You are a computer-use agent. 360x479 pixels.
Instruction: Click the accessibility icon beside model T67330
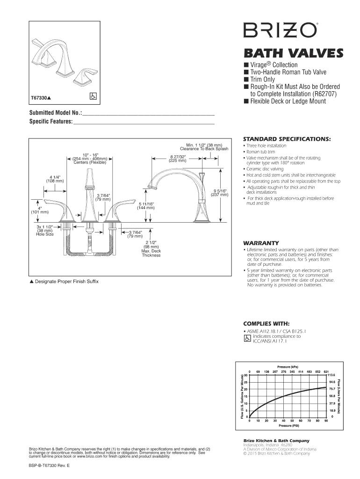tap(93, 95)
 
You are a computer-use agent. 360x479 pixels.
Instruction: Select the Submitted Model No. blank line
tap(148, 114)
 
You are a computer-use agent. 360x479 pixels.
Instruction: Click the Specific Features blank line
tap(144, 123)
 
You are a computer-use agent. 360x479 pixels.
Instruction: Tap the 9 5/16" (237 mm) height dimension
tap(220, 193)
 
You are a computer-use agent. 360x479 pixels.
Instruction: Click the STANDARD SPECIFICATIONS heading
tap(286, 139)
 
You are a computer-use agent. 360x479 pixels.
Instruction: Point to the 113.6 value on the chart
tap(333, 375)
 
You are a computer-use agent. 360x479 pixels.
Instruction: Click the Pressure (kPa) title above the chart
tap(288, 366)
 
